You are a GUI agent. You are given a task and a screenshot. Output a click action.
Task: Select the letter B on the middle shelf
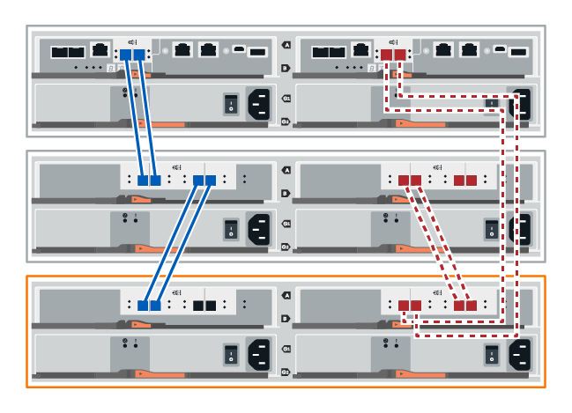coord(285,193)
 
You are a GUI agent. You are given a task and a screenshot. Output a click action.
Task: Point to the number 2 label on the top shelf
coord(285,122)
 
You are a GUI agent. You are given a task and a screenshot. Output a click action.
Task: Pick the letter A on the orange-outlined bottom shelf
coord(285,295)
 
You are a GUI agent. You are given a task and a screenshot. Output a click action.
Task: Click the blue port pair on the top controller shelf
coord(131,55)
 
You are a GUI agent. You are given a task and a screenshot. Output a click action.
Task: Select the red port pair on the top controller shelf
coord(394,55)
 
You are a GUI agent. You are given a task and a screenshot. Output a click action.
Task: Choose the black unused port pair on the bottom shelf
coord(204,306)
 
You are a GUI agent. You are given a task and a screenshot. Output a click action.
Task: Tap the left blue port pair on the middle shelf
coord(148,181)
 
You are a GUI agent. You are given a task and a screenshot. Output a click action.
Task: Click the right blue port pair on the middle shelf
coord(204,181)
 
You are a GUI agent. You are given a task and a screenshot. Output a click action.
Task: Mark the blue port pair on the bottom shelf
coord(148,306)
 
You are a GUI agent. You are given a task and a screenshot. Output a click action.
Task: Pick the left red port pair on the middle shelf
coord(411,181)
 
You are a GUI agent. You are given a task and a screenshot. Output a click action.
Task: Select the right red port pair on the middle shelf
coord(464,181)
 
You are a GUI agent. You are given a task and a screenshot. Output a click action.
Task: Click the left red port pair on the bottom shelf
coord(411,306)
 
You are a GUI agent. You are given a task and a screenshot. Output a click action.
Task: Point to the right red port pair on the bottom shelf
coord(464,306)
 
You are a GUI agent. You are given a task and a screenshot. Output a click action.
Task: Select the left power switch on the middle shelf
coord(230,230)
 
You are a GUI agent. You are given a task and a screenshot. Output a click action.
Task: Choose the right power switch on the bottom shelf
coord(492,356)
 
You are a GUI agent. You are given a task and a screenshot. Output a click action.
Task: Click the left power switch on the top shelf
coord(230,105)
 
